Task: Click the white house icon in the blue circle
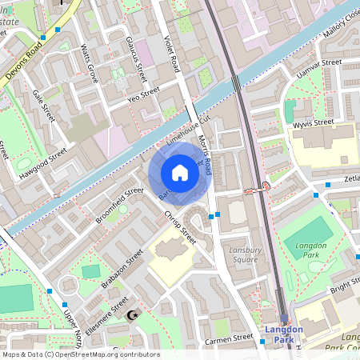(180, 173)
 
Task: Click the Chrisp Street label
(180, 226)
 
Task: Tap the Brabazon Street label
(122, 267)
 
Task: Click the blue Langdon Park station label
(284, 334)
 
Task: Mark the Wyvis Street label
(312, 123)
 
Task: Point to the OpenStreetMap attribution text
(80, 354)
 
